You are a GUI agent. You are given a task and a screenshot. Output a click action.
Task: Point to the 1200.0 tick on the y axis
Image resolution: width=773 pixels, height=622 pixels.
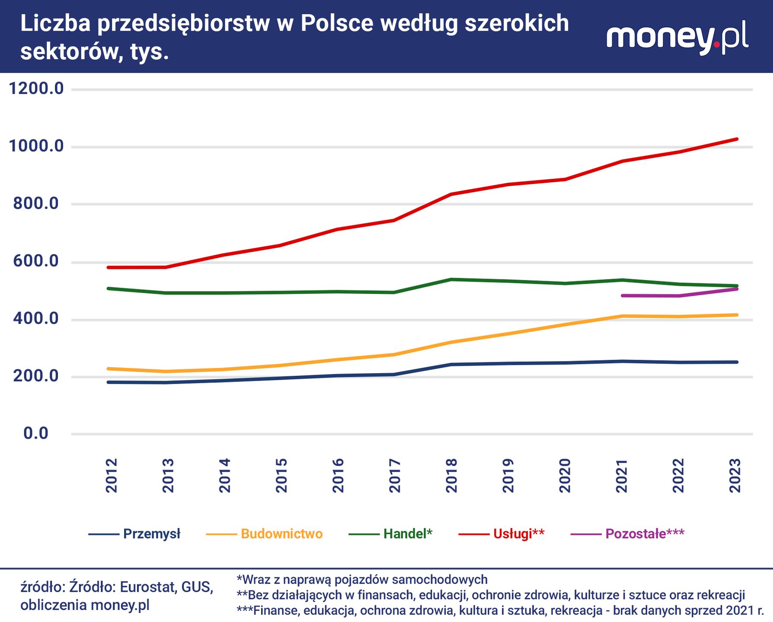click(x=36, y=89)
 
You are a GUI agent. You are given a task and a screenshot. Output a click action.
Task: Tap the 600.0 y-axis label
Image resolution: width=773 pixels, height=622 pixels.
click(x=36, y=261)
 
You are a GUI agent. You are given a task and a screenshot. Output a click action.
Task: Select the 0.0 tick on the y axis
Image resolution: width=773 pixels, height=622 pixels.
click(x=36, y=433)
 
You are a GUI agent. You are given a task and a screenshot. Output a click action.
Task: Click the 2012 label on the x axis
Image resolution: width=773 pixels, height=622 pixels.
click(x=112, y=476)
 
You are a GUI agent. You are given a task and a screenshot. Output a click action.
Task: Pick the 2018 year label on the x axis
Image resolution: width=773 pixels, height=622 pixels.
click(x=451, y=476)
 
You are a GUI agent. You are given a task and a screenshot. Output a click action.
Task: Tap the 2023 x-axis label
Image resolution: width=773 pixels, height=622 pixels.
click(x=735, y=476)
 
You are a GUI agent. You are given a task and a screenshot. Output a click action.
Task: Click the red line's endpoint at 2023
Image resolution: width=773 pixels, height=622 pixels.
click(x=737, y=139)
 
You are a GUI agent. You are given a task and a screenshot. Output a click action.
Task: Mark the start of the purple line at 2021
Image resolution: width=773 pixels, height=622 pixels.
click(x=622, y=295)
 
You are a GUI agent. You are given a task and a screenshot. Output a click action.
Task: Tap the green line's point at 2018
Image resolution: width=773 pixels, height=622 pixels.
click(x=451, y=279)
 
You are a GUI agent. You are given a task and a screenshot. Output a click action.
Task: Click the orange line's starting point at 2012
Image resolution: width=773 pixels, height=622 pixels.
click(x=108, y=368)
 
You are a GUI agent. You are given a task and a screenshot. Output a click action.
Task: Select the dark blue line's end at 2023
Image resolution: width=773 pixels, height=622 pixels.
click(x=737, y=362)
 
